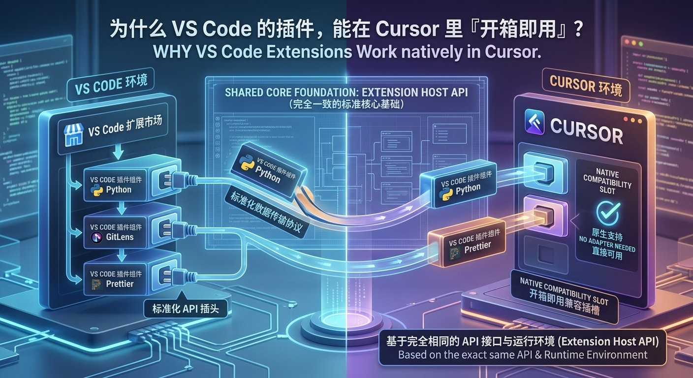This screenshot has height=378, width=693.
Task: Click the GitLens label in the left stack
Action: tap(120, 237)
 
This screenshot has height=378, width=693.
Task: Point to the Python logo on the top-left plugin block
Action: tap(97, 190)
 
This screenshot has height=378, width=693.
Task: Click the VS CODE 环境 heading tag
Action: tap(111, 85)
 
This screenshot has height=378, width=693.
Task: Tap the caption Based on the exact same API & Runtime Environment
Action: tap(523, 354)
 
